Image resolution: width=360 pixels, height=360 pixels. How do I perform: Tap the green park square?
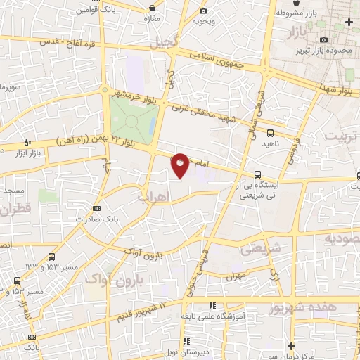[x=132, y=119]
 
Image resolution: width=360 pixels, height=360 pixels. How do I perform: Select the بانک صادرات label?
[x=97, y=218]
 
